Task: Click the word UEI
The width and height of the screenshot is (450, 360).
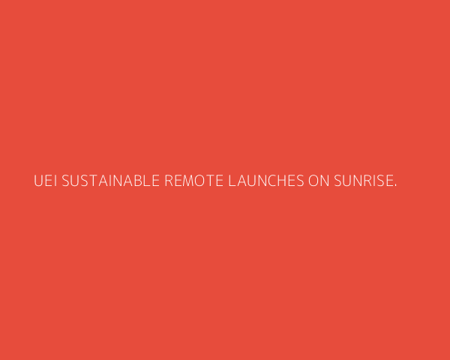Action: pyautogui.click(x=45, y=181)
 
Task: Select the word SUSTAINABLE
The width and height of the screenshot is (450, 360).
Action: pyautogui.click(x=110, y=181)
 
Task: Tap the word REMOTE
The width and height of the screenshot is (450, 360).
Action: pyautogui.click(x=193, y=181)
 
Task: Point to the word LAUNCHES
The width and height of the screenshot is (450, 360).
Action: pyautogui.click(x=266, y=181)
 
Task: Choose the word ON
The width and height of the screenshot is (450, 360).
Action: pyautogui.click(x=319, y=181)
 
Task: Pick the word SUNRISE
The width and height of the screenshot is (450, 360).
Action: pyautogui.click(x=364, y=181)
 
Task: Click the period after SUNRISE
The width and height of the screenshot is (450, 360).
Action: pyautogui.click(x=395, y=185)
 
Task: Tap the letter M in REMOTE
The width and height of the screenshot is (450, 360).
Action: pyautogui.click(x=188, y=181)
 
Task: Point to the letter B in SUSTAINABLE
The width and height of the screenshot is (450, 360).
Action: pyautogui.click(x=138, y=181)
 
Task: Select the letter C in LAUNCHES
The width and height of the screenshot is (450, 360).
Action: pyautogui.click(x=273, y=181)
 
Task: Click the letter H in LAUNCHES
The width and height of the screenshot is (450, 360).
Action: pyautogui.click(x=283, y=181)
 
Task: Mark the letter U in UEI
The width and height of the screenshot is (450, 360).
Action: pyautogui.click(x=38, y=181)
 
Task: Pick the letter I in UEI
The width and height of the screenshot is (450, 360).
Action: pyautogui.click(x=55, y=181)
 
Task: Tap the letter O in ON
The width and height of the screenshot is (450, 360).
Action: pyautogui.click(x=313, y=181)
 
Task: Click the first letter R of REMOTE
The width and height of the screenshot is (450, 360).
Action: pyautogui.click(x=169, y=181)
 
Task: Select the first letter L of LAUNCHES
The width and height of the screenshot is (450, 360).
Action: pyautogui.click(x=232, y=181)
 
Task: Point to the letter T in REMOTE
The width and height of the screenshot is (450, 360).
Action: pyautogui.click(x=210, y=181)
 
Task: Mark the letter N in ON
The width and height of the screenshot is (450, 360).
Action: pyautogui.click(x=325, y=181)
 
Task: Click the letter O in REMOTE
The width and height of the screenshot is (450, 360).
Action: pyautogui.click(x=200, y=181)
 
